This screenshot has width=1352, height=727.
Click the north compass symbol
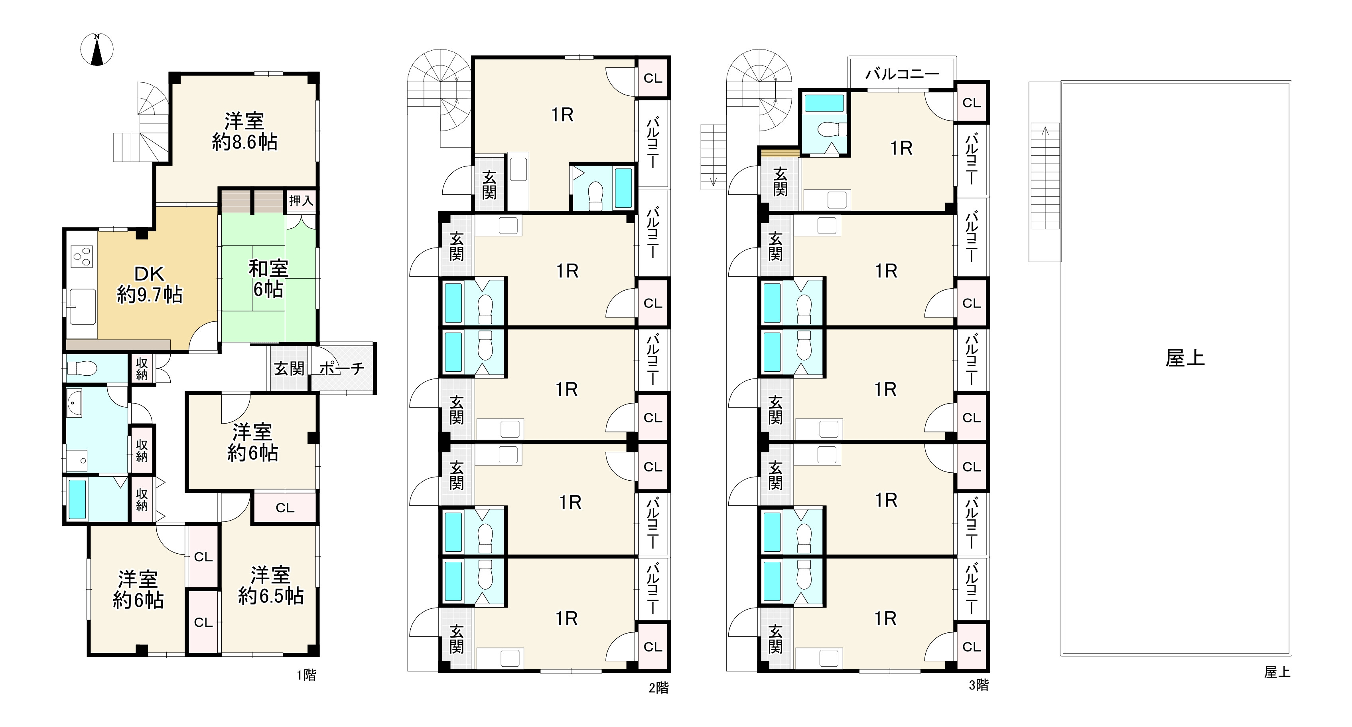(x=97, y=50)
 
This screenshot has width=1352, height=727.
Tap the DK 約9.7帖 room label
(x=150, y=284)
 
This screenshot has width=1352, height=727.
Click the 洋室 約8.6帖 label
(x=244, y=131)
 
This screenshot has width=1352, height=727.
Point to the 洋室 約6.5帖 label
(x=271, y=585)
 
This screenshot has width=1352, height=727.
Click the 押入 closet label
(x=301, y=200)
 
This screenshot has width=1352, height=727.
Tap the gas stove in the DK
(x=82, y=258)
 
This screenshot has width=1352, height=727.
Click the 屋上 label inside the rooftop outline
(x=1185, y=358)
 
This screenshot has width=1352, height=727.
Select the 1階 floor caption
(x=307, y=675)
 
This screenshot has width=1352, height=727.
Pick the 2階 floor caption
(x=659, y=687)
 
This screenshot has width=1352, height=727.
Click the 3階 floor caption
(x=979, y=685)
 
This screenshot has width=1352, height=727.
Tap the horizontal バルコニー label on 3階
(x=902, y=74)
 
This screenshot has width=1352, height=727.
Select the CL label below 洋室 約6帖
(x=285, y=508)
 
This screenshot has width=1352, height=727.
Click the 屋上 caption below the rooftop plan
(x=1277, y=672)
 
